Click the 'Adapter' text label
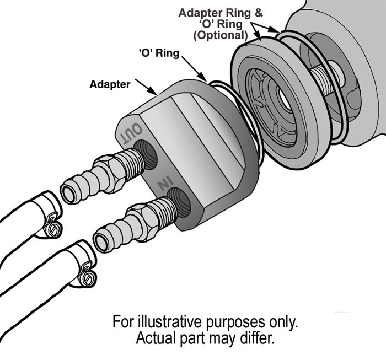tap(110, 85)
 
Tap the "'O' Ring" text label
tap(158, 54)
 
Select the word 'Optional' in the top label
tap(219, 35)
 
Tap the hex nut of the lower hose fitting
tap(142, 213)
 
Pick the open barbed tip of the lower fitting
tap(102, 241)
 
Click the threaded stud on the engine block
tap(325, 78)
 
